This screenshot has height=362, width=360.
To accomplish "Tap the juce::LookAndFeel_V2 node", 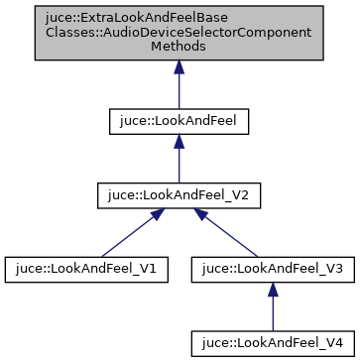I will point(179,194).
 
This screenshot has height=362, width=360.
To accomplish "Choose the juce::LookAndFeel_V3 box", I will point(273,268).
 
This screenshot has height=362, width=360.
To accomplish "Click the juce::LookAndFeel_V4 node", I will point(273,342).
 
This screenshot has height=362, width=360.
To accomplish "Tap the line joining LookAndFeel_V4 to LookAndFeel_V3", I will point(273,312).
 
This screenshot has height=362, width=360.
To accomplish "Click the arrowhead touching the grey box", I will point(179,67).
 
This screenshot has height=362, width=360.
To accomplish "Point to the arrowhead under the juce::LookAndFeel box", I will point(179,141).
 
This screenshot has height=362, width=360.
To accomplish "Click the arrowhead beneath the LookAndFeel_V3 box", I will point(273,289).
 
